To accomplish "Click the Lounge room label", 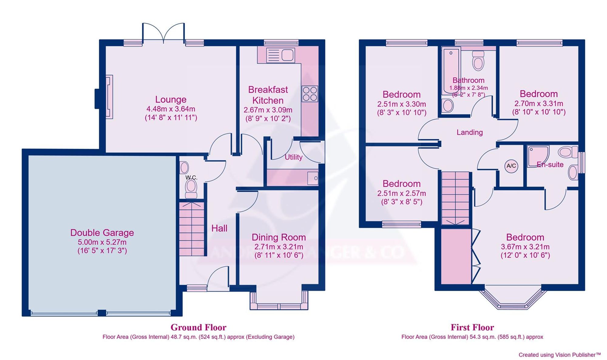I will pyautogui.click(x=171, y=99).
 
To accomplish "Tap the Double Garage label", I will pyautogui.click(x=102, y=233).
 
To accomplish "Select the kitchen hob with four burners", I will pyautogui.click(x=310, y=94).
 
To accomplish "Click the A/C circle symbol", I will pyautogui.click(x=511, y=166).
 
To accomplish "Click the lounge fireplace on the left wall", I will pyautogui.click(x=109, y=97).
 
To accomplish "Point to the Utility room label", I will pyautogui.click(x=293, y=157).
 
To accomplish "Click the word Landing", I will pyautogui.click(x=470, y=132).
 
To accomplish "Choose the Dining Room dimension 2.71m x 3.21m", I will pyautogui.click(x=279, y=247).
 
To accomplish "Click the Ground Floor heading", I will pyautogui.click(x=198, y=328).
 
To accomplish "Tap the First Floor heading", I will pyautogui.click(x=472, y=328).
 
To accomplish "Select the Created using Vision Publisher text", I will pyautogui.click(x=559, y=355).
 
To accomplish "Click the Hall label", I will pyautogui.click(x=219, y=228).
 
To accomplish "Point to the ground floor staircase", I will pyautogui.click(x=191, y=229).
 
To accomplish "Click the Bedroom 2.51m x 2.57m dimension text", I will pyautogui.click(x=401, y=193).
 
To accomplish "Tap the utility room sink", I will pyautogui.click(x=313, y=178).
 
